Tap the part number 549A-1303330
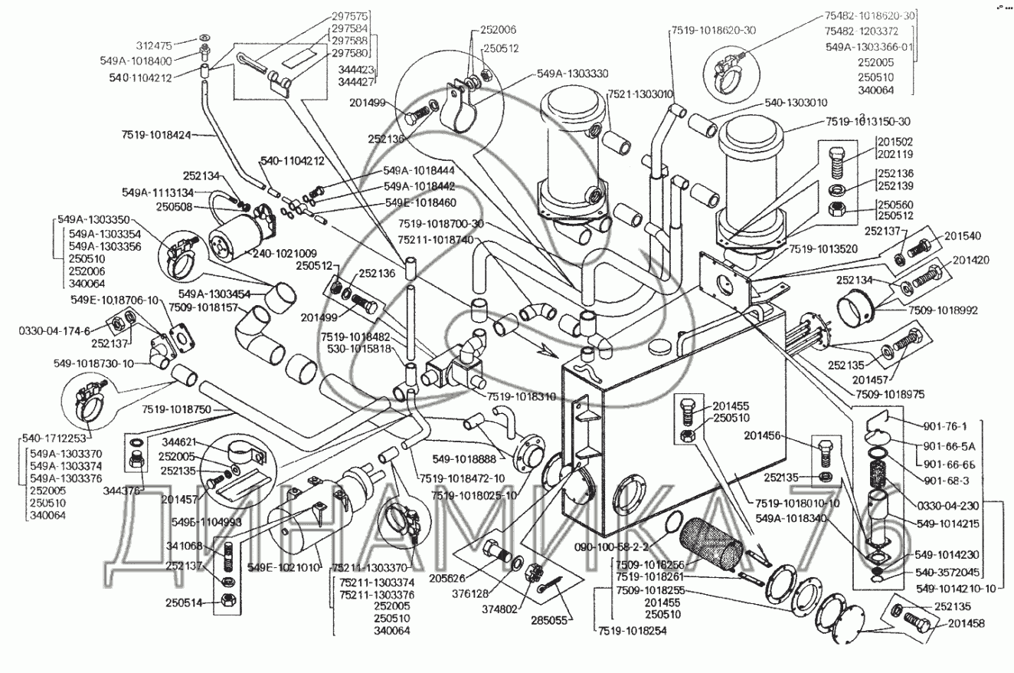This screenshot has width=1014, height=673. tap(572, 74)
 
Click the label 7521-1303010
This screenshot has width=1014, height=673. tap(639, 94)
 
